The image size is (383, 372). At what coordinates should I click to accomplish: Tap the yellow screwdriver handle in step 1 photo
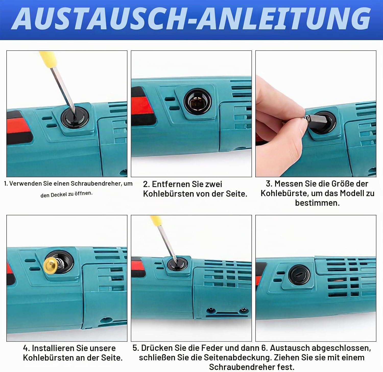(x=47, y=58)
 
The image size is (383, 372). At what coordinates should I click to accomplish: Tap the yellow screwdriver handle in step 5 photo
(x=155, y=221)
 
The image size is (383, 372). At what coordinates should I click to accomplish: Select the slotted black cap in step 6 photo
(x=299, y=275)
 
